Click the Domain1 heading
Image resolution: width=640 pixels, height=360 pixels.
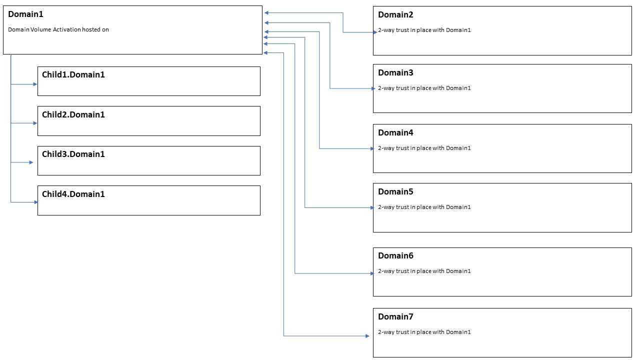(25, 14)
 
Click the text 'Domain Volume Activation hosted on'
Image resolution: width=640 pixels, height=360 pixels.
(58, 29)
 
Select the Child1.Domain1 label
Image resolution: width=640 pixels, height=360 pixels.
(73, 75)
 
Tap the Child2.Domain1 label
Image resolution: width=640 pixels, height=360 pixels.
(73, 114)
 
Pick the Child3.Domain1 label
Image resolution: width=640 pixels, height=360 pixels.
(73, 154)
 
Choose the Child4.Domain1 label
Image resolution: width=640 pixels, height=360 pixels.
(73, 194)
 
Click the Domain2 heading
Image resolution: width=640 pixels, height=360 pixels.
(395, 15)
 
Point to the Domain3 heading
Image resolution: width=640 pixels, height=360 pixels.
(395, 73)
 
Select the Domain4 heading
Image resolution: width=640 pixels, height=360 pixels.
(395, 132)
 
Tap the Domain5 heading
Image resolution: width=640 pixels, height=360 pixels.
(395, 191)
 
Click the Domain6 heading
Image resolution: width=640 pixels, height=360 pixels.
(395, 256)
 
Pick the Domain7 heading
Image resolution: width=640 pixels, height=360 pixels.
(395, 316)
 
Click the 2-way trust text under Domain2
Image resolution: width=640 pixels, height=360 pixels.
(424, 30)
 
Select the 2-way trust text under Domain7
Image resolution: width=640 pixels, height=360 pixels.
(424, 332)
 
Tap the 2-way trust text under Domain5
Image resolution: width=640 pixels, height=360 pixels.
(424, 207)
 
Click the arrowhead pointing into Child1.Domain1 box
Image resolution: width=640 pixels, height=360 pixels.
(35, 84)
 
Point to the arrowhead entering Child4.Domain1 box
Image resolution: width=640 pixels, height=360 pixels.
(36, 202)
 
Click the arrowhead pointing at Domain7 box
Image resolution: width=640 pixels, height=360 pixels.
(367, 336)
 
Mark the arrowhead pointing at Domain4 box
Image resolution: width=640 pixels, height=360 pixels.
(372, 148)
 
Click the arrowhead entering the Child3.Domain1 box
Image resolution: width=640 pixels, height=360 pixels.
(31, 162)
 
